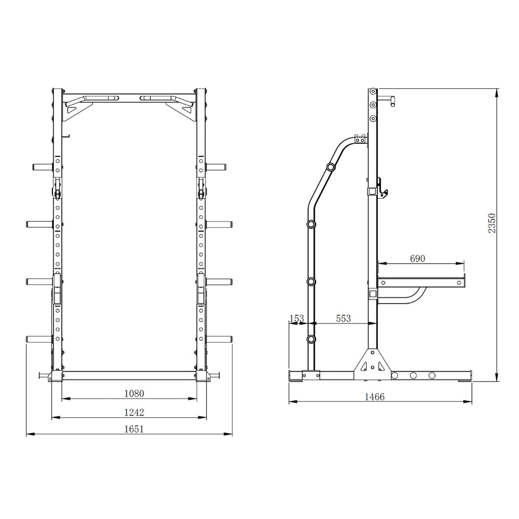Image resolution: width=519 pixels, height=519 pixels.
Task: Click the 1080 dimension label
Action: pyautogui.click(x=134, y=393)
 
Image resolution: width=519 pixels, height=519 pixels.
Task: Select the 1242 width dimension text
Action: pyautogui.click(x=134, y=412)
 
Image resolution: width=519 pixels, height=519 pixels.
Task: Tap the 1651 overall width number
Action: pyautogui.click(x=134, y=429)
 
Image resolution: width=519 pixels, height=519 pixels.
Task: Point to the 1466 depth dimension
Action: pyautogui.click(x=374, y=397)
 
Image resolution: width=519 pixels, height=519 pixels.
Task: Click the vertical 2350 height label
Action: pyautogui.click(x=492, y=223)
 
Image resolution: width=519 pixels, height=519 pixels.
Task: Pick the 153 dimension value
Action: pyautogui.click(x=297, y=318)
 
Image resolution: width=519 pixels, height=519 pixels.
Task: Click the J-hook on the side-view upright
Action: pyautogui.click(x=383, y=187)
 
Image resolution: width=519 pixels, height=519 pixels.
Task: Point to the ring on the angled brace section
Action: pyautogui.click(x=330, y=167)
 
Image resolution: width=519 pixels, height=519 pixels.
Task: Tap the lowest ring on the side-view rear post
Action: pyautogui.click(x=311, y=339)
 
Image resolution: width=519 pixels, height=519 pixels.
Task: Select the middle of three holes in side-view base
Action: pyautogui.click(x=413, y=375)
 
